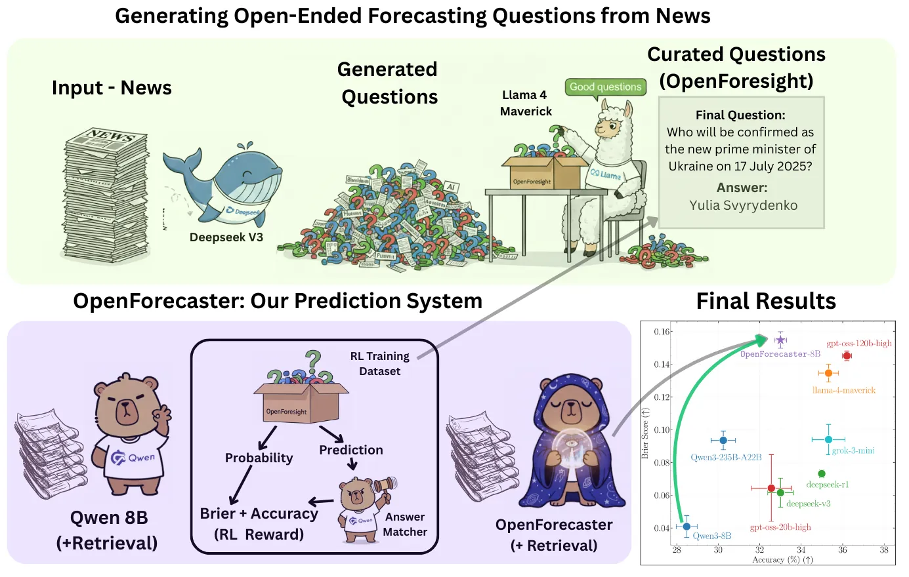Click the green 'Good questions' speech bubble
[605, 87]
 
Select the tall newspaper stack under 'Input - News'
[106, 197]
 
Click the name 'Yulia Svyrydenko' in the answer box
[743, 205]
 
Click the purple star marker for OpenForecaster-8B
[780, 340]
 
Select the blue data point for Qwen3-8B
[687, 526]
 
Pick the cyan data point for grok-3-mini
[828, 439]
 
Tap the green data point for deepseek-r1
[822, 473]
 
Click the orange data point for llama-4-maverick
[828, 373]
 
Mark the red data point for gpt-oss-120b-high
[847, 356]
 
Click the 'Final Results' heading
[766, 301]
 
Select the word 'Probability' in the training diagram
[259, 458]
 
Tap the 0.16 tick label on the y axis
[662, 332]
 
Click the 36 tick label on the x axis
[843, 550]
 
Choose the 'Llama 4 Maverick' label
[525, 103]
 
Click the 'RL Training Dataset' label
[379, 363]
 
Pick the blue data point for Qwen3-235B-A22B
[723, 441]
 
